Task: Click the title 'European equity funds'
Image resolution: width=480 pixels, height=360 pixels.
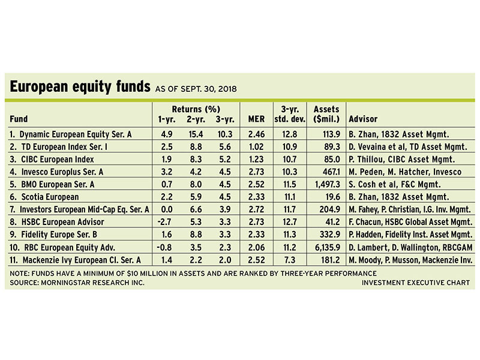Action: point(79,88)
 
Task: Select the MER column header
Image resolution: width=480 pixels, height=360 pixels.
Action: point(256,119)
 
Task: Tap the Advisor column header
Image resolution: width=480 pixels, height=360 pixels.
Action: point(363,119)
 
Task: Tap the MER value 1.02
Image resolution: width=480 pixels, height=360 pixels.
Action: point(256,145)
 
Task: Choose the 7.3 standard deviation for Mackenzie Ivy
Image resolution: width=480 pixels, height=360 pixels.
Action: point(292,260)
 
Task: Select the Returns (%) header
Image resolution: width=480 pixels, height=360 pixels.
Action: point(196,110)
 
